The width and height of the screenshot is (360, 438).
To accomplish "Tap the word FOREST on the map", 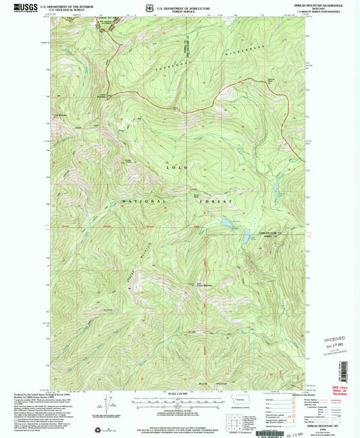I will (x=217, y=201).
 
